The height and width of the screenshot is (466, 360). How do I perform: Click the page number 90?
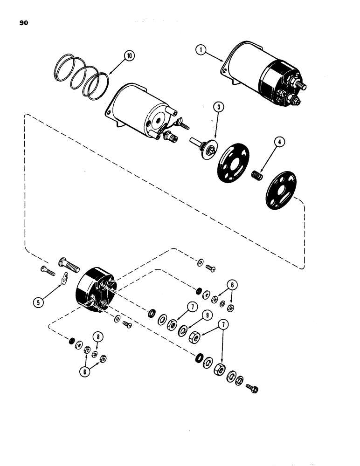coord(24,21)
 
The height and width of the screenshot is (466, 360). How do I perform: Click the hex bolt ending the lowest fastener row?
coord(253,388)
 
